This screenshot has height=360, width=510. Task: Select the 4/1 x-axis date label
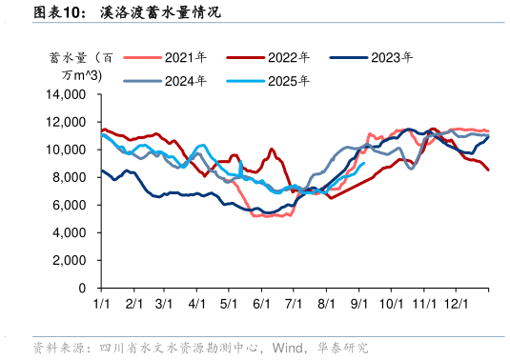197,303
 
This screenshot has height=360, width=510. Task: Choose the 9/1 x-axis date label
359,303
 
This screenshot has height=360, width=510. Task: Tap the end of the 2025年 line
364,163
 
